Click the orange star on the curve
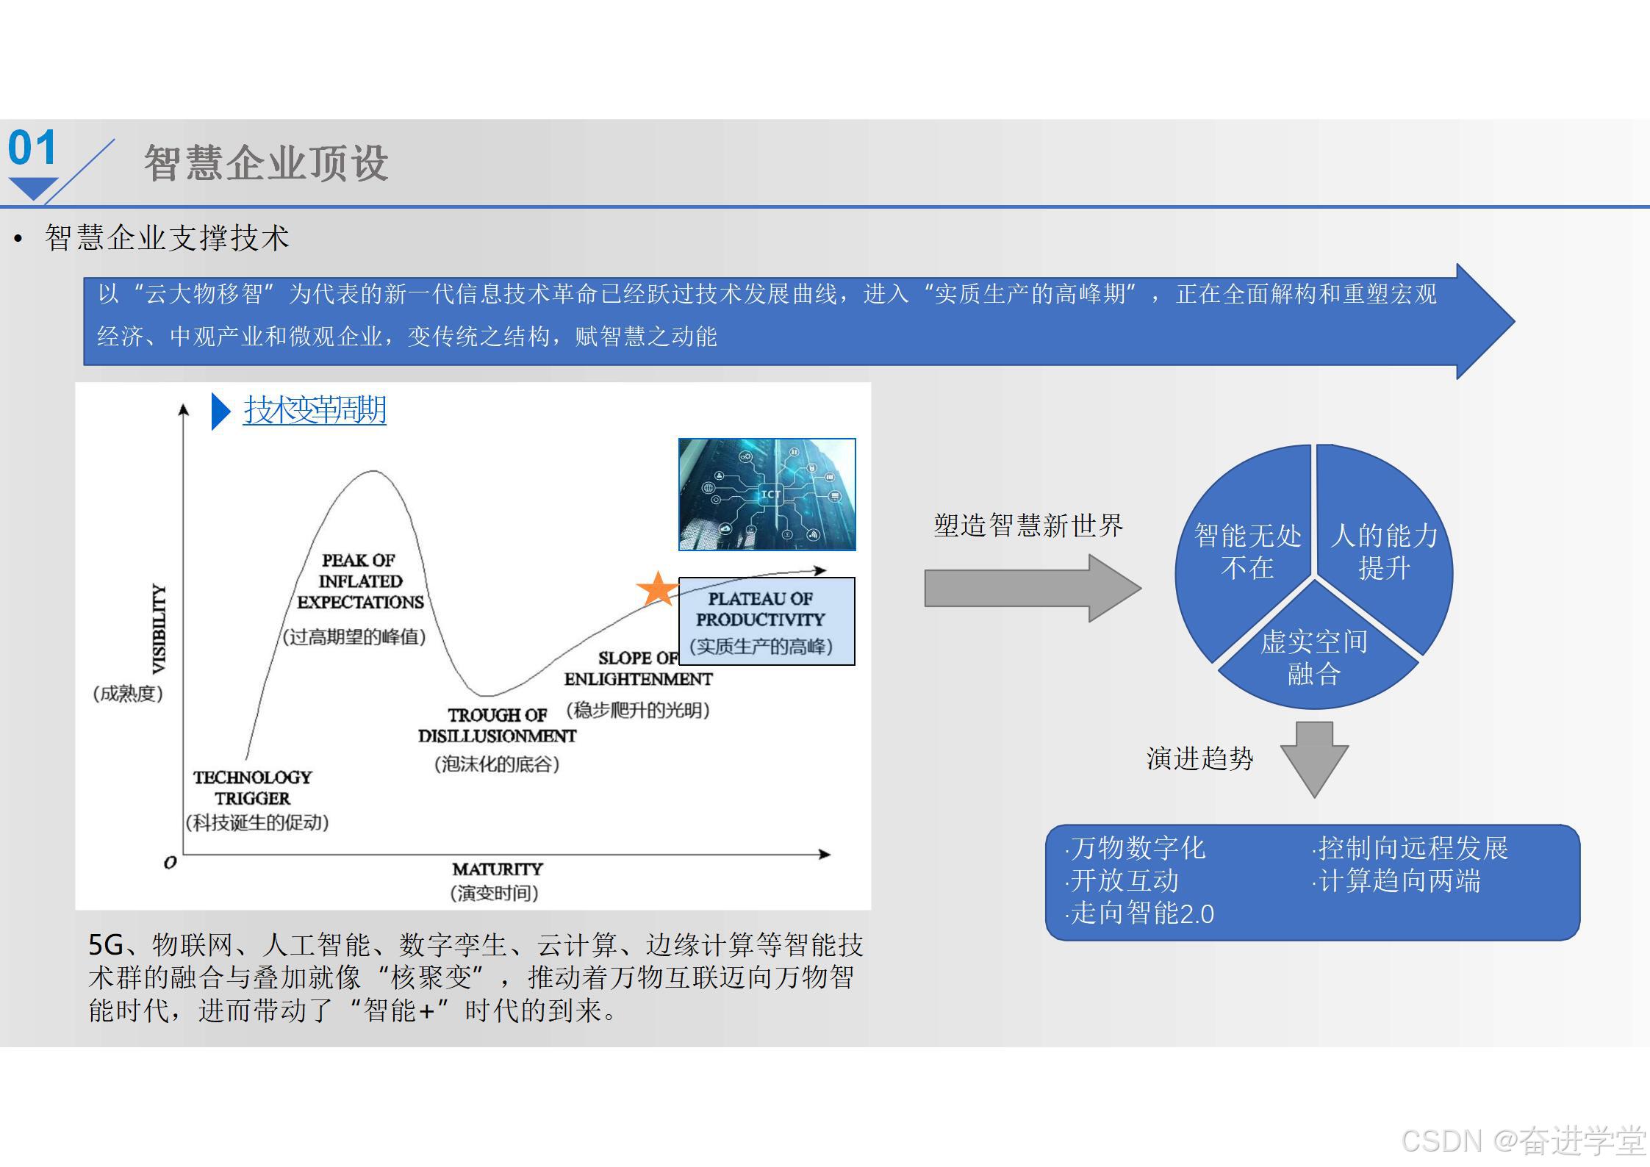click(656, 589)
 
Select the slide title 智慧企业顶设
click(266, 163)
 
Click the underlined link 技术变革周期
click(315, 410)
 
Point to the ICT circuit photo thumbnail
click(767, 494)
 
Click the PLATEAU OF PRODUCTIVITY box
click(766, 621)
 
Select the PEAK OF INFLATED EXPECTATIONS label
click(360, 581)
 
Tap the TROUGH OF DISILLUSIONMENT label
click(497, 725)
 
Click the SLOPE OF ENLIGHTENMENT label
click(638, 669)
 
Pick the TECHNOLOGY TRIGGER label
click(252, 788)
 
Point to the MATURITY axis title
click(497, 869)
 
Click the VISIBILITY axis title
click(159, 628)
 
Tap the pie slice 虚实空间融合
click(1314, 658)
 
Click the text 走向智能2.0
click(1142, 913)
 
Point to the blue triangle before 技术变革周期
click(220, 411)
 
